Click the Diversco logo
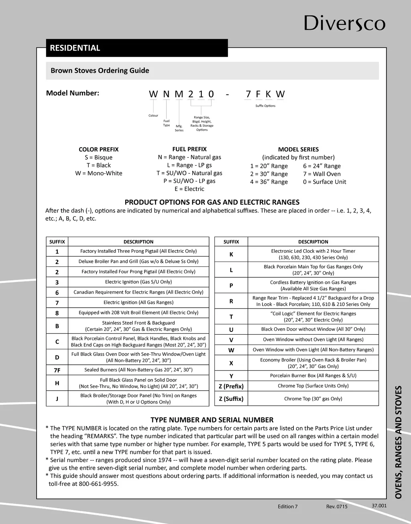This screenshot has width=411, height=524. point(344,23)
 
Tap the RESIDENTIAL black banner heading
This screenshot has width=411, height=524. point(75,48)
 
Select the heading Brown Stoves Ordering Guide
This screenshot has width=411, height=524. point(100,71)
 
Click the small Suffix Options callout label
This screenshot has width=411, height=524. point(265,106)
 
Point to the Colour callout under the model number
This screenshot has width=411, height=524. point(153,116)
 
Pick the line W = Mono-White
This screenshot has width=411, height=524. point(99,173)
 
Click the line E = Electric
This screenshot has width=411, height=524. point(189,189)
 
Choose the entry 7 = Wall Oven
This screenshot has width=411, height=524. point(322,174)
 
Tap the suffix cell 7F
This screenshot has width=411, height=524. point(57,370)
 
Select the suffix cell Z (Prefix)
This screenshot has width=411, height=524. point(231,386)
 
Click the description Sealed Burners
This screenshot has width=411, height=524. point(138,370)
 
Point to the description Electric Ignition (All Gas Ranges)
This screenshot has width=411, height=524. point(138,303)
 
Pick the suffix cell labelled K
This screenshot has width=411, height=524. point(231,254)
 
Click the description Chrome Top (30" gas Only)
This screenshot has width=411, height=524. point(313,399)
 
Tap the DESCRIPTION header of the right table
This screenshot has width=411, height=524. point(313,242)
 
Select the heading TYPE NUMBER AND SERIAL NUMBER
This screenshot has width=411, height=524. point(212,420)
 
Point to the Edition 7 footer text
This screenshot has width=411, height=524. point(288,506)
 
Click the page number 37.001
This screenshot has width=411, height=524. point(379,506)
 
